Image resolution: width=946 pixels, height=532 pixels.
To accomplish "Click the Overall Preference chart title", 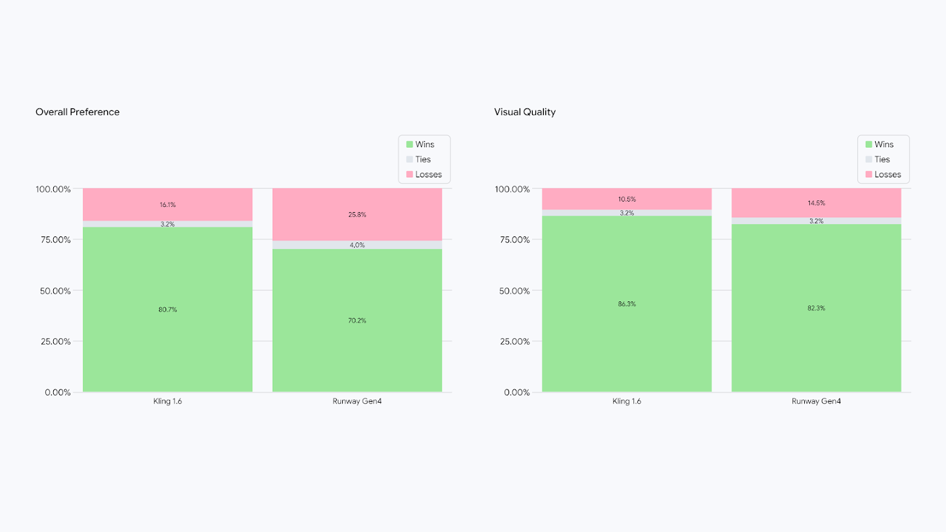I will (x=78, y=112).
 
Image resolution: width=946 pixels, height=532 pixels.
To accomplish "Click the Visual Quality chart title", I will (x=524, y=112).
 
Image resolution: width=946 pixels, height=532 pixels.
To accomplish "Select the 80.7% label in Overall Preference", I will (x=168, y=309).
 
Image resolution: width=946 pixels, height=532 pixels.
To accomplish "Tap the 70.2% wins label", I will (x=357, y=321).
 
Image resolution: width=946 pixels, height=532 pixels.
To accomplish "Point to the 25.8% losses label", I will (x=357, y=215).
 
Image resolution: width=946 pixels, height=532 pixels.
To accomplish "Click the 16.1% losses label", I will (x=168, y=205).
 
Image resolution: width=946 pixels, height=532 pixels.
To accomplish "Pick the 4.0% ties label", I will (x=357, y=245).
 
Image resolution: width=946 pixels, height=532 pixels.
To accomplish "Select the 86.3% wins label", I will (x=627, y=304).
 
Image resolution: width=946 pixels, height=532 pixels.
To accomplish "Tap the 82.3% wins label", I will (x=817, y=308).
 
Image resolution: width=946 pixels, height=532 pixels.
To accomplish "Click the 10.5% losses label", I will (x=627, y=199).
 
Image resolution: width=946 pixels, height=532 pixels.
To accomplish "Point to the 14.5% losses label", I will (x=817, y=203).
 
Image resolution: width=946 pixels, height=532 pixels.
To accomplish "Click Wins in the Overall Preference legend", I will (x=424, y=144).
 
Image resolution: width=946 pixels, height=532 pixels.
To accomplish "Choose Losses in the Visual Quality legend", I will (x=888, y=175).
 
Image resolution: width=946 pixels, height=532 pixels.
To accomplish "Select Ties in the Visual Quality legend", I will (x=882, y=160).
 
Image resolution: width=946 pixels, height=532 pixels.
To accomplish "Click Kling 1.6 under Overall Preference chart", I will (x=168, y=401).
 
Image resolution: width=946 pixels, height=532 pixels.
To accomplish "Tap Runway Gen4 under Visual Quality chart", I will (x=817, y=401).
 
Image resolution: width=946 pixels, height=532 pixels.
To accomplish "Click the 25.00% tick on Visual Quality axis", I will (x=512, y=342).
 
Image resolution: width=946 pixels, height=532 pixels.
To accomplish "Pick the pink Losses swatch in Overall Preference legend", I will (x=409, y=175).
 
